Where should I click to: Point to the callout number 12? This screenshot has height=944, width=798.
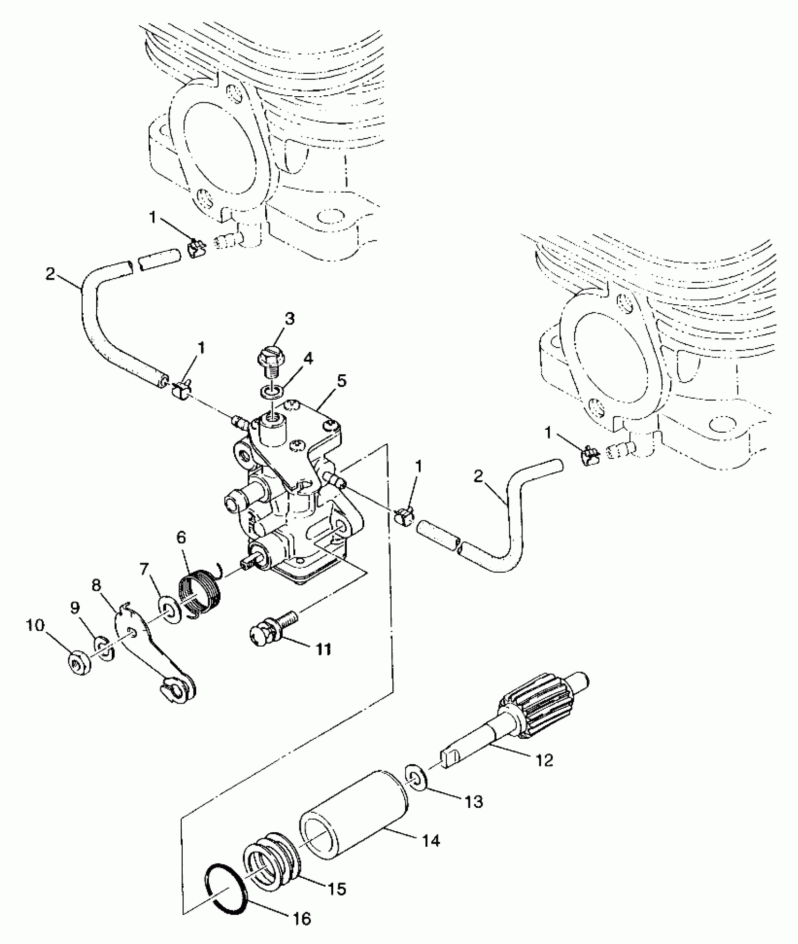pos(545,760)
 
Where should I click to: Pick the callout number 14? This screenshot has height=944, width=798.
pos(430,841)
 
